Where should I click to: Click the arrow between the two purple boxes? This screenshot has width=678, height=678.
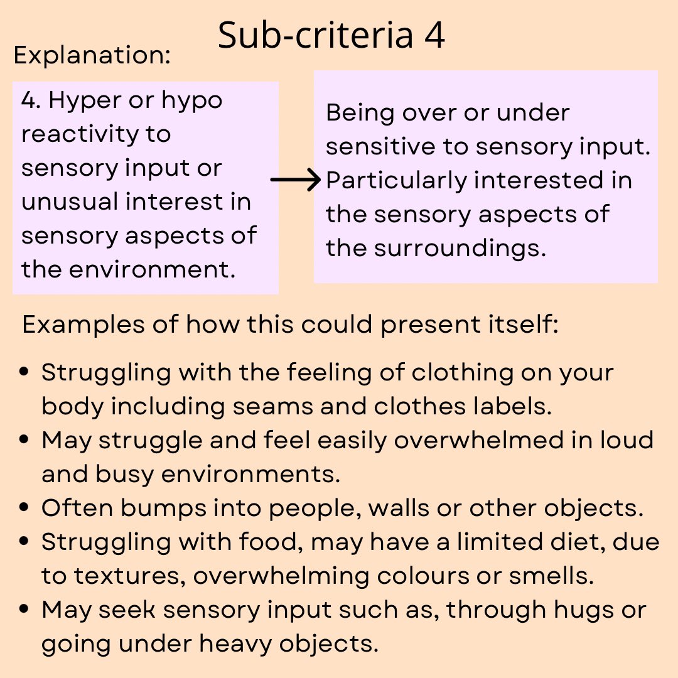[296, 181]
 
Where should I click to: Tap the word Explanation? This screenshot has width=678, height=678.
[92, 56]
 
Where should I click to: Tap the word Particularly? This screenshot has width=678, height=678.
[396, 181]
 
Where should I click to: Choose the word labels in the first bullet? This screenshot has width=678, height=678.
[514, 406]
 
